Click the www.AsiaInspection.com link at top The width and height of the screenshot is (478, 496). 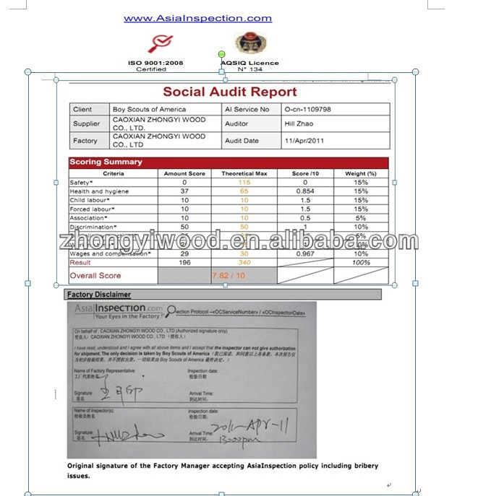(197, 19)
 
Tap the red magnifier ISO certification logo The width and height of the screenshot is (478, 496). (156, 43)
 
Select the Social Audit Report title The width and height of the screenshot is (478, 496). (229, 92)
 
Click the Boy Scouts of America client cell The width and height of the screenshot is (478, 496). (150, 109)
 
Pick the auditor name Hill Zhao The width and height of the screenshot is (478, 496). (299, 123)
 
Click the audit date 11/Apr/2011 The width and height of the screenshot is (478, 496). (308, 140)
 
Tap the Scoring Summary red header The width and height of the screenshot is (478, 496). (106, 162)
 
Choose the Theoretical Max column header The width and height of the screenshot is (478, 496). (244, 173)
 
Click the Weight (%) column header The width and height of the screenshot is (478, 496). (360, 173)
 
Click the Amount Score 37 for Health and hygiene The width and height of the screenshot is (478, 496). (184, 191)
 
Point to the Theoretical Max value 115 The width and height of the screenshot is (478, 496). (244, 183)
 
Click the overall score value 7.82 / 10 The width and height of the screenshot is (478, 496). (229, 276)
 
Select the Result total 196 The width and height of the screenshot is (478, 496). (184, 263)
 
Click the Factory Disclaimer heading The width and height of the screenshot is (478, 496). (99, 295)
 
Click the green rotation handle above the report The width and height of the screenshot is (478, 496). (222, 54)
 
